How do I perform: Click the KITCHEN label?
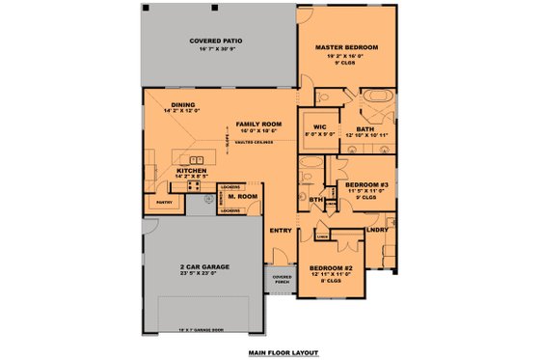[190, 170]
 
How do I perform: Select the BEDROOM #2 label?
[331, 266]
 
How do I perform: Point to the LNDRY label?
[377, 231]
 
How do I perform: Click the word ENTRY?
[281, 230]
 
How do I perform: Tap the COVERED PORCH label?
[282, 278]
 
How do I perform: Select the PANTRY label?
[163, 203]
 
